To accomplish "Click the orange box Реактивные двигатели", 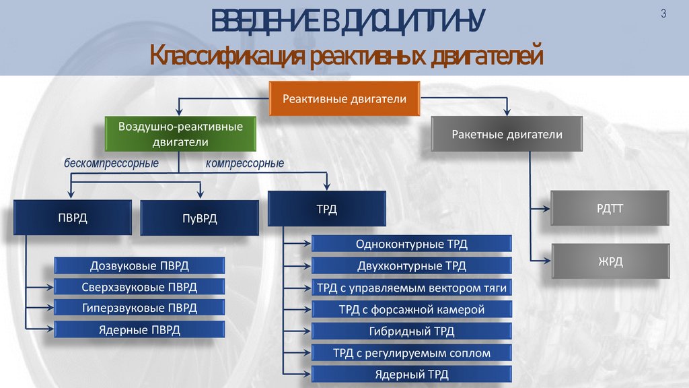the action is click(344, 99).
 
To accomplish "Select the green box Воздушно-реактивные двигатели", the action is click(180, 134).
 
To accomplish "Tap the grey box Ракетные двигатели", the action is click(506, 135).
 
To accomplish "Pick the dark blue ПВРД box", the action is click(72, 218).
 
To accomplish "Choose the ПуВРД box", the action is click(200, 218).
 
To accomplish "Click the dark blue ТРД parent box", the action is click(327, 209).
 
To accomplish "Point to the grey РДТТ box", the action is click(610, 209).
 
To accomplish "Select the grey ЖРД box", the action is click(610, 261).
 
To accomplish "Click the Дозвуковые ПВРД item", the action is click(139, 265).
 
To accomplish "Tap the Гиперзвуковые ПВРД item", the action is click(139, 308).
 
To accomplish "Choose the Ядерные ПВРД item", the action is click(139, 329).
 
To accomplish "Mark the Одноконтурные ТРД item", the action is click(411, 244).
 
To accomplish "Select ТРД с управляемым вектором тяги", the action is click(411, 288).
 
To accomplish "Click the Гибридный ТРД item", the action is click(411, 331).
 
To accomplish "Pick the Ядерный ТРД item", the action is click(411, 374).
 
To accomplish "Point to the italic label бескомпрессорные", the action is click(111, 164).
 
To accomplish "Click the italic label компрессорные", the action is click(244, 164).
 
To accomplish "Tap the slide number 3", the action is click(663, 14).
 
